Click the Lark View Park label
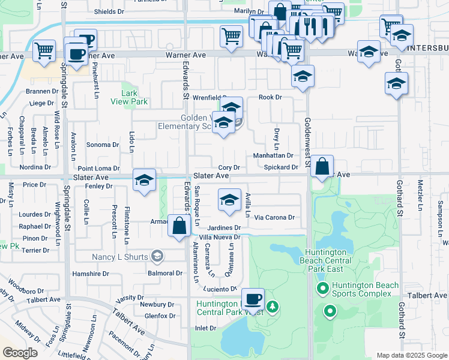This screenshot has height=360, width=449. (129, 97)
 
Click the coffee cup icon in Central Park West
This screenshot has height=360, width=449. (253, 299)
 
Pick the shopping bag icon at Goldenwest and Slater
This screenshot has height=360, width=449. (322, 166)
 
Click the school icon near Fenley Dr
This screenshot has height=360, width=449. (144, 181)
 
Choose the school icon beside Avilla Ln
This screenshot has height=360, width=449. (229, 201)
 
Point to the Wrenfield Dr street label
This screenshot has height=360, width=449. (211, 97)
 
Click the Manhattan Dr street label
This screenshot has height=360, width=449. (273, 155)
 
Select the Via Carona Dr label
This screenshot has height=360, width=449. (274, 217)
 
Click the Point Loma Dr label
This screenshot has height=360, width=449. (98, 169)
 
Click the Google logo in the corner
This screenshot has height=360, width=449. (20, 353)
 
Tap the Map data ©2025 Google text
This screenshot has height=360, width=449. (412, 355)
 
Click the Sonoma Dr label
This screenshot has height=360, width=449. (103, 145)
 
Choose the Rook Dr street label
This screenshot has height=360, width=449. (270, 97)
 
